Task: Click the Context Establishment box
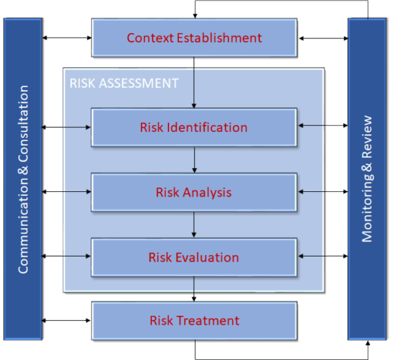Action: click(x=194, y=37)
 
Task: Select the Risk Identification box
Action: click(x=194, y=127)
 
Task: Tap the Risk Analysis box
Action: click(x=194, y=192)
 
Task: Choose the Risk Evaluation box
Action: click(x=194, y=257)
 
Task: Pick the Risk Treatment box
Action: click(x=194, y=321)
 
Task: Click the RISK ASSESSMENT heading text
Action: click(x=124, y=82)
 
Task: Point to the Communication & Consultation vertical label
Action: click(x=23, y=179)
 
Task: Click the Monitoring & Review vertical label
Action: click(x=367, y=179)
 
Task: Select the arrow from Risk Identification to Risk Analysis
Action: click(x=195, y=160)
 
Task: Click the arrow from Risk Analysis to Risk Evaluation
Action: click(x=195, y=225)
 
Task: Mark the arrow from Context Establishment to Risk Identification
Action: click(x=195, y=82)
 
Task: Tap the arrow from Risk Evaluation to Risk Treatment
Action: click(x=195, y=289)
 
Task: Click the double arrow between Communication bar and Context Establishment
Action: click(x=67, y=37)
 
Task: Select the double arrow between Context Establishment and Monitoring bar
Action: click(x=323, y=37)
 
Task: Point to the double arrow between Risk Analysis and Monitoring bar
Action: click(x=323, y=192)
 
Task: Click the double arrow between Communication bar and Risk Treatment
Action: click(x=67, y=321)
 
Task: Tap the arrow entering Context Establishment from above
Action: click(x=195, y=9)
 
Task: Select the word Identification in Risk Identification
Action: click(x=207, y=127)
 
